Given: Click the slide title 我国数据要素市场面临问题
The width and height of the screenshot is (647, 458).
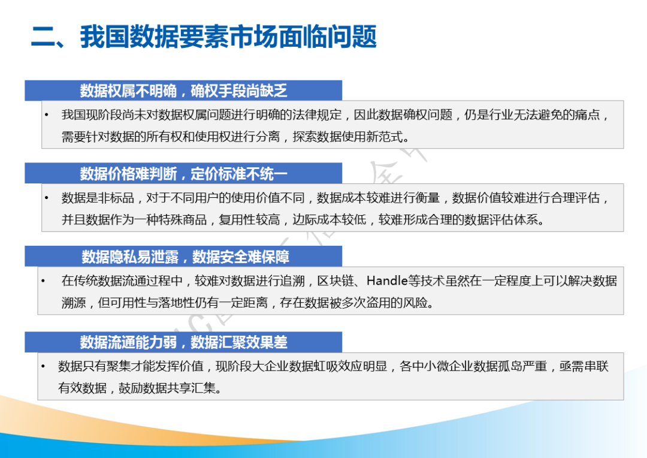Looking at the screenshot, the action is [x=228, y=37].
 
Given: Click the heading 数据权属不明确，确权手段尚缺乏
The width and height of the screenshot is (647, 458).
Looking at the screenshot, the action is [x=183, y=91].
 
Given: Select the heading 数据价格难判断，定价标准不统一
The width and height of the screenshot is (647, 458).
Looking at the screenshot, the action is [x=183, y=174].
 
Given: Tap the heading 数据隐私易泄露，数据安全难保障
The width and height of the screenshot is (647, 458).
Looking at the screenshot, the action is [x=185, y=257].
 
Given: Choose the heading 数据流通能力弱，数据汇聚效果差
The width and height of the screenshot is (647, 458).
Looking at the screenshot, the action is [x=183, y=342].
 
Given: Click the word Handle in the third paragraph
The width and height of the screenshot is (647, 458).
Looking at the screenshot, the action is [x=387, y=281].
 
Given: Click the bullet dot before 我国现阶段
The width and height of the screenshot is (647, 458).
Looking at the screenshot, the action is [x=47, y=115].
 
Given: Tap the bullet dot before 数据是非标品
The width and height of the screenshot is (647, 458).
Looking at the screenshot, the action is [x=47, y=198].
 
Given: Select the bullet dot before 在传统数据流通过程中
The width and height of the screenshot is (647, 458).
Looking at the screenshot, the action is [x=43, y=281].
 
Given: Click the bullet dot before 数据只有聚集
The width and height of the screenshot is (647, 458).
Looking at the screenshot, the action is [x=43, y=366].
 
